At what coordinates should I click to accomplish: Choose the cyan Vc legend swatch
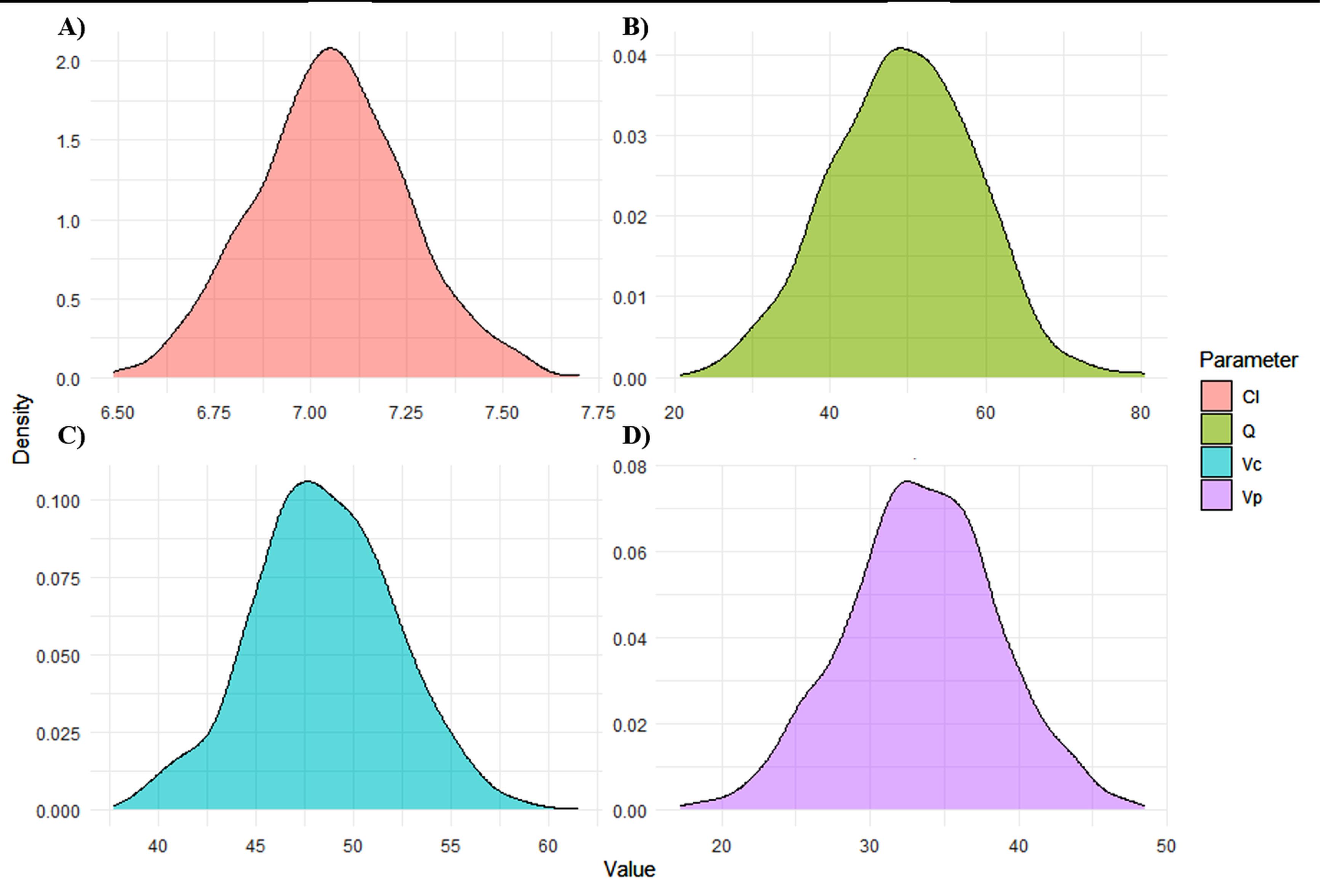point(1216,462)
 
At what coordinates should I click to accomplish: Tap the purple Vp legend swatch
point(1216,496)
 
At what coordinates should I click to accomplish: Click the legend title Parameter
point(1248,360)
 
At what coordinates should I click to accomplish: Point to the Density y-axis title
point(22,429)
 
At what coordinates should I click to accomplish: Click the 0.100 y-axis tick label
point(58,501)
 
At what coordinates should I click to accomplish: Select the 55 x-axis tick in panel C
point(450,846)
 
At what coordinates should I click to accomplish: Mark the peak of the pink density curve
point(330,48)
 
